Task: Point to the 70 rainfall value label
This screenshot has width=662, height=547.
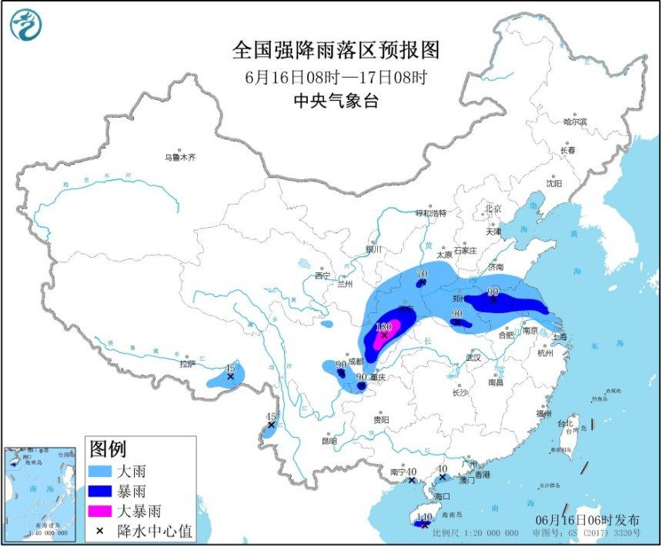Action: [x=421, y=274]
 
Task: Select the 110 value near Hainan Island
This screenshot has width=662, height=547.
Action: [x=423, y=518]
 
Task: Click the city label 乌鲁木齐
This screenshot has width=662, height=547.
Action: [x=179, y=157]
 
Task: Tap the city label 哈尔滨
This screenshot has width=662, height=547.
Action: [x=574, y=122]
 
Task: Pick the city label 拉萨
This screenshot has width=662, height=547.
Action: [x=188, y=364]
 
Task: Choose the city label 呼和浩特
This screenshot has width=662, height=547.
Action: [x=431, y=213]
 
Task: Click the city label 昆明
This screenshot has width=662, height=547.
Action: [x=329, y=441]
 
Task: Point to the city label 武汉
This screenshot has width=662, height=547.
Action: [x=473, y=358]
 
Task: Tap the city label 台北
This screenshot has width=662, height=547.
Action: [x=565, y=423]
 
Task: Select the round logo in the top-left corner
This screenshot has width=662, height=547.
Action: [x=25, y=25]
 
